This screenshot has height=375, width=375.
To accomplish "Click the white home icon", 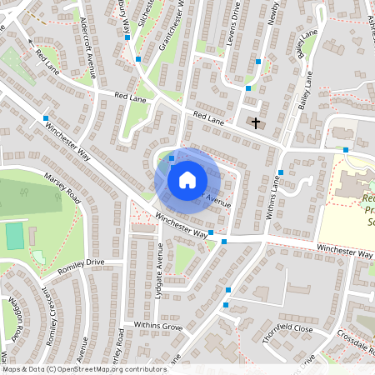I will coord(187,179).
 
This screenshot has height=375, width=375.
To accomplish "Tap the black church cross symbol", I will coord(255,123).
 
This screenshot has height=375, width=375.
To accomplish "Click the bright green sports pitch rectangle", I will coord(15,236).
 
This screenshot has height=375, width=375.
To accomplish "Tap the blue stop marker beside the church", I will coord(248,88).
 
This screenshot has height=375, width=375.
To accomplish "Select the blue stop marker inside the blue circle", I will coord(172,158).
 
